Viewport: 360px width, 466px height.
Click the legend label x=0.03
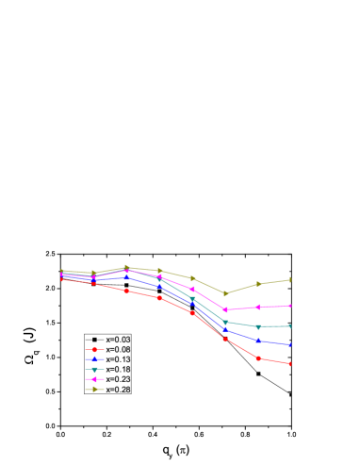(118, 339)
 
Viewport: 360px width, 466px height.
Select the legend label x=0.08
(118, 349)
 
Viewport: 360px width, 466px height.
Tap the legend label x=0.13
(118, 359)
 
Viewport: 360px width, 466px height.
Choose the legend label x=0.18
(118, 369)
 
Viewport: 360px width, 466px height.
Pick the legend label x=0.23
(118, 379)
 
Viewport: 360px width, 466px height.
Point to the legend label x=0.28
(118, 389)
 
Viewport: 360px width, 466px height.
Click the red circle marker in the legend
(94, 349)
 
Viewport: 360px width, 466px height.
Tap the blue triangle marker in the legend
(94, 359)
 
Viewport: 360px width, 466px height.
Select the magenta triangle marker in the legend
(94, 379)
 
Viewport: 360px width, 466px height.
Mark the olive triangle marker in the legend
(94, 389)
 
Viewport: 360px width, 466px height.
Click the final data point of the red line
(290, 363)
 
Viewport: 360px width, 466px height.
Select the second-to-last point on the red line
(258, 358)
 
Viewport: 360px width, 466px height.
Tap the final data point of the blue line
(290, 345)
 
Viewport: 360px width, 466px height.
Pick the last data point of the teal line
(290, 326)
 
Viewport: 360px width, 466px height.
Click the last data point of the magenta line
(290, 306)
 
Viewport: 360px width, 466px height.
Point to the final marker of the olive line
(290, 279)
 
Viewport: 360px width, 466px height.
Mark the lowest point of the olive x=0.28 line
(225, 293)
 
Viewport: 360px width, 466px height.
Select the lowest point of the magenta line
(225, 309)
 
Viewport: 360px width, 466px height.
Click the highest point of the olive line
(127, 267)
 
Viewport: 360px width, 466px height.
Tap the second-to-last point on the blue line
(258, 341)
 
